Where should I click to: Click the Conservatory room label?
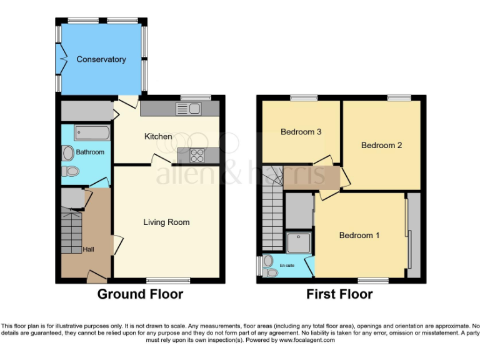[x=101, y=59]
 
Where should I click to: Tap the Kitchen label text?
[x=158, y=136]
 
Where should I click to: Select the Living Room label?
[x=166, y=222]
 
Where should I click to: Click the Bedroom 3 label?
[x=301, y=132]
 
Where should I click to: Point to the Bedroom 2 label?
[x=381, y=145]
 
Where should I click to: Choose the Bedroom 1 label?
[x=359, y=235]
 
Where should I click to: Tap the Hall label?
[x=89, y=249]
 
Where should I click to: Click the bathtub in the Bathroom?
[x=92, y=132]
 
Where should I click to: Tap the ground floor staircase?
[x=71, y=231]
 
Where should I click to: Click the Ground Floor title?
[x=140, y=294]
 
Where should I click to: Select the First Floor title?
[x=339, y=294]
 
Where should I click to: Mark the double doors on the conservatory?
[x=61, y=59]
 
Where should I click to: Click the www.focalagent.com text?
[x=307, y=341]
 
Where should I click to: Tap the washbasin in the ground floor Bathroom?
[x=67, y=153]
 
